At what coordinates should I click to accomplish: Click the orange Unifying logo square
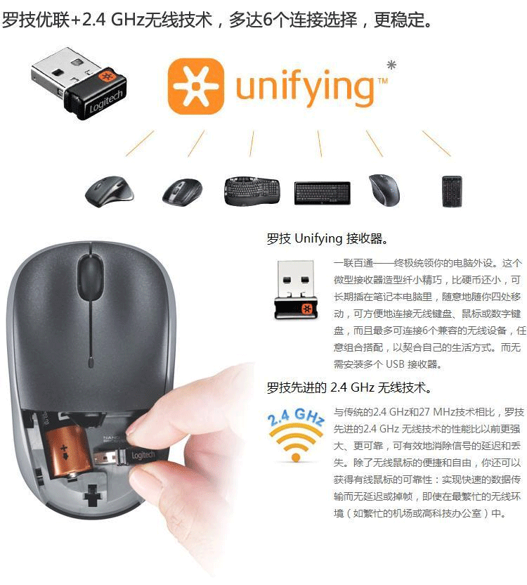pyautogui.click(x=196, y=86)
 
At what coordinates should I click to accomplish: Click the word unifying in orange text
pyautogui.click(x=304, y=87)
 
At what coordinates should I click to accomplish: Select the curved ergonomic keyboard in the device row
pyautogui.click(x=252, y=191)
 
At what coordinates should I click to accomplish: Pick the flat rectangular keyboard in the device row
pyautogui.click(x=323, y=193)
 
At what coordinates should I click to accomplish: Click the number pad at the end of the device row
pyautogui.click(x=452, y=191)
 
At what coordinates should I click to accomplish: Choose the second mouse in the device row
pyautogui.click(x=183, y=191)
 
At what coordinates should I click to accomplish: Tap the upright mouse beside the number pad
pyautogui.click(x=384, y=190)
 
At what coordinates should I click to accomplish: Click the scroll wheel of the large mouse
pyautogui.click(x=90, y=278)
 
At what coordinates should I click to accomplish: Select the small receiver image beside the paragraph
pyautogui.click(x=296, y=290)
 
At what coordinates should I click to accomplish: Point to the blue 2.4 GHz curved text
pyautogui.click(x=295, y=417)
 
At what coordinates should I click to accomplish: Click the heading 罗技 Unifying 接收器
pyautogui.click(x=327, y=238)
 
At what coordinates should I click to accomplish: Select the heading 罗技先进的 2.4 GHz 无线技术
pyautogui.click(x=349, y=387)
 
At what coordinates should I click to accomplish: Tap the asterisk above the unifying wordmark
pyautogui.click(x=391, y=65)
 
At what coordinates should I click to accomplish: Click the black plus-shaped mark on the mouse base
pyautogui.click(x=93, y=496)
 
